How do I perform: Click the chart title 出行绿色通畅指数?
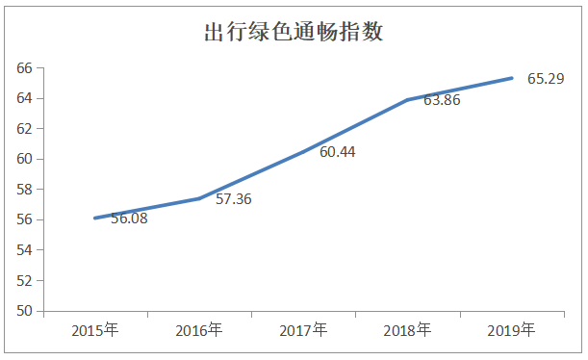[294, 33]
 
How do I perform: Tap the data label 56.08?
[130, 219]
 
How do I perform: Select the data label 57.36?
[233, 199]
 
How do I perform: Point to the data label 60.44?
[337, 151]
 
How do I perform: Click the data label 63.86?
[441, 99]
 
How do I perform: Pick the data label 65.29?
[545, 78]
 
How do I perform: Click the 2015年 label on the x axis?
[95, 330]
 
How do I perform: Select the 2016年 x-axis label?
[199, 330]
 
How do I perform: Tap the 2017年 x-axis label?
[303, 330]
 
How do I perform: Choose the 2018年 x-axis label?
[407, 330]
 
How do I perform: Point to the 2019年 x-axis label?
[511, 330]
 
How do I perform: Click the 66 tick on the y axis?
[24, 67]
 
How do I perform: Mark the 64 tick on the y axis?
[24, 98]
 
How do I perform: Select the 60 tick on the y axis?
[24, 159]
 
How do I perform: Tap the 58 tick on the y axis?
[24, 190]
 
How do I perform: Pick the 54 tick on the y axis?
[24, 250]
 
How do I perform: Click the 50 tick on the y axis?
[24, 311]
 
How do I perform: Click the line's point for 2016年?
[199, 198]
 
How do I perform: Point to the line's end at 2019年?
[511, 78]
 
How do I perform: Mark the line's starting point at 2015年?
[95, 218]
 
